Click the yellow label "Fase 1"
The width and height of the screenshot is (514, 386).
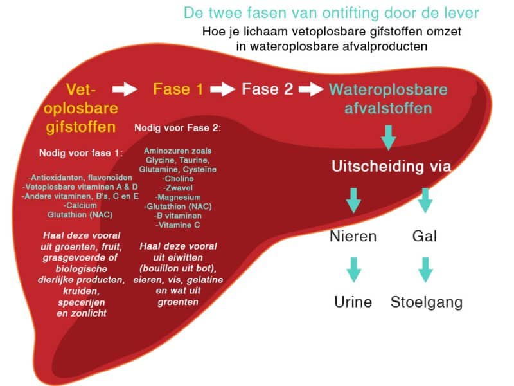coord(178,89)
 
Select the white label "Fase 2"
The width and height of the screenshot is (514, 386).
coord(267,89)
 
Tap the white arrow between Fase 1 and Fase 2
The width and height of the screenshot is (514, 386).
coord(222,89)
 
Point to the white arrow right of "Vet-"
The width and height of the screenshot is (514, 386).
coord(125,89)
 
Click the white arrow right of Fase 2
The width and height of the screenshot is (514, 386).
coord(311,89)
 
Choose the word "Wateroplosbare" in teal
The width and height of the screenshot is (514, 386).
coord(388,89)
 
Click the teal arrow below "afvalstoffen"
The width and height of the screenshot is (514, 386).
coord(389,138)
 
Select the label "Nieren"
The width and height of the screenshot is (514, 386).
coord(353,236)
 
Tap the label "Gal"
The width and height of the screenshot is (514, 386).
coord(425,236)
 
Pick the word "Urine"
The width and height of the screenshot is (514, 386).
coord(353,302)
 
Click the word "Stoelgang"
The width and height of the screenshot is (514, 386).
coord(427,302)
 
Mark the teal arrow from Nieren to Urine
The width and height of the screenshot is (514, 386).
coord(354,270)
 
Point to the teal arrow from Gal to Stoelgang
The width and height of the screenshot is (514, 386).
coord(425,270)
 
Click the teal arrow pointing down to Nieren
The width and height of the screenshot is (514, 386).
coord(354,201)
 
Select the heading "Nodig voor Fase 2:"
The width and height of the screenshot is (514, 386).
coord(178,128)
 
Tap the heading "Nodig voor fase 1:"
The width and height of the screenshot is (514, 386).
coord(81,153)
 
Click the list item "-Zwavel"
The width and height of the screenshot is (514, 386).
coord(178,188)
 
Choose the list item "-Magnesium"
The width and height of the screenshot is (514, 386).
coord(178,198)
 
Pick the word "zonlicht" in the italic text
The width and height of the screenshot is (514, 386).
coord(89,313)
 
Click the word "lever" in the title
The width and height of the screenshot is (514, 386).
coord(462,13)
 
